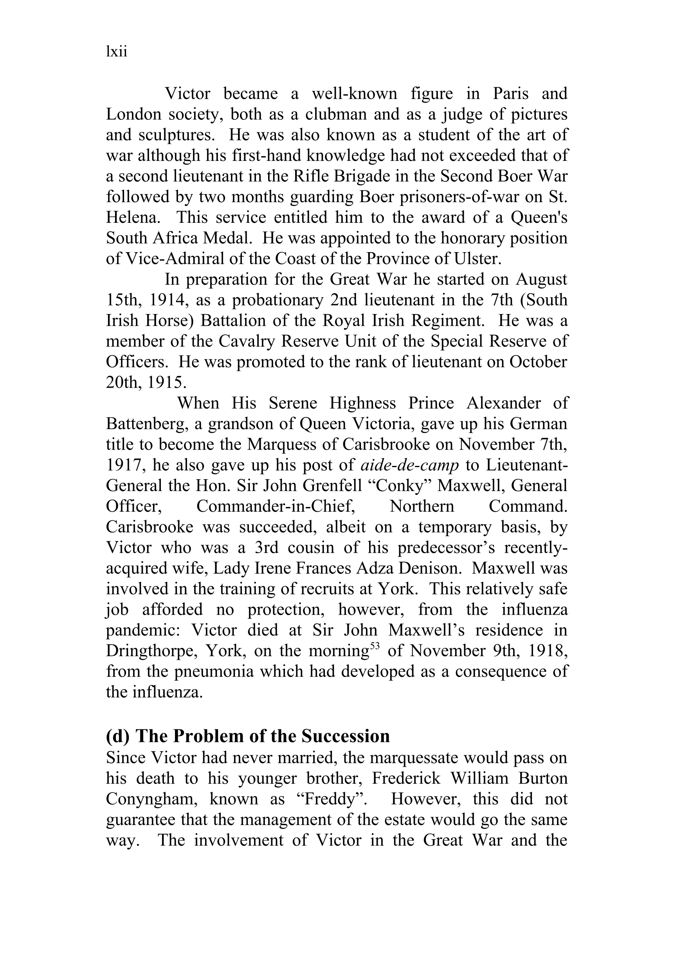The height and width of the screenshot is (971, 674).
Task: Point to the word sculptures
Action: [x=177, y=135]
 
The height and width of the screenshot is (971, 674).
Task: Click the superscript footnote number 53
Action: [x=375, y=646]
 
